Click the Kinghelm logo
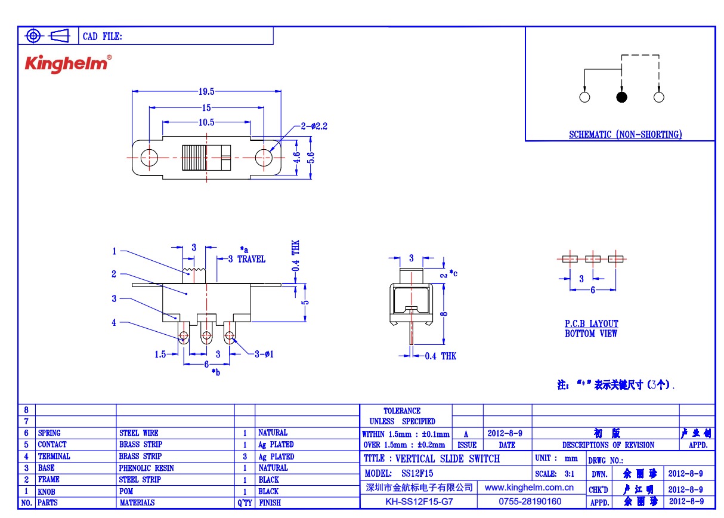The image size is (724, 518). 67,64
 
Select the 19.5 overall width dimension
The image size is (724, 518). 206,91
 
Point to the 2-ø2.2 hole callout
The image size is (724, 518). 314,126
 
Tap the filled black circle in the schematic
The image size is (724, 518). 622,97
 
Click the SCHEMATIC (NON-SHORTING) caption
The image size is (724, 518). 625,135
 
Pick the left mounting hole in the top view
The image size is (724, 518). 149,158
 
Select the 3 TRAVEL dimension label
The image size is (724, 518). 247,259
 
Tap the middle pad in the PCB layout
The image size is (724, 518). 593,259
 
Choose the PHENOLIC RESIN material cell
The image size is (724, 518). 147,468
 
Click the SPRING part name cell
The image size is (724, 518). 49,433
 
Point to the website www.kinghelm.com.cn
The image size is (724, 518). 530,488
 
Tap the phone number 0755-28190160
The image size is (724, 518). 530,501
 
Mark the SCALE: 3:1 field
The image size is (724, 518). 555,473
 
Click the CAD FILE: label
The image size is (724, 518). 102,36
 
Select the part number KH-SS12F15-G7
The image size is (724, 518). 419,501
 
